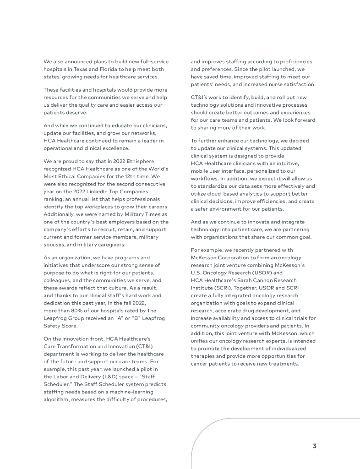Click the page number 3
click(x=315, y=446)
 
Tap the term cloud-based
click(x=222, y=193)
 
